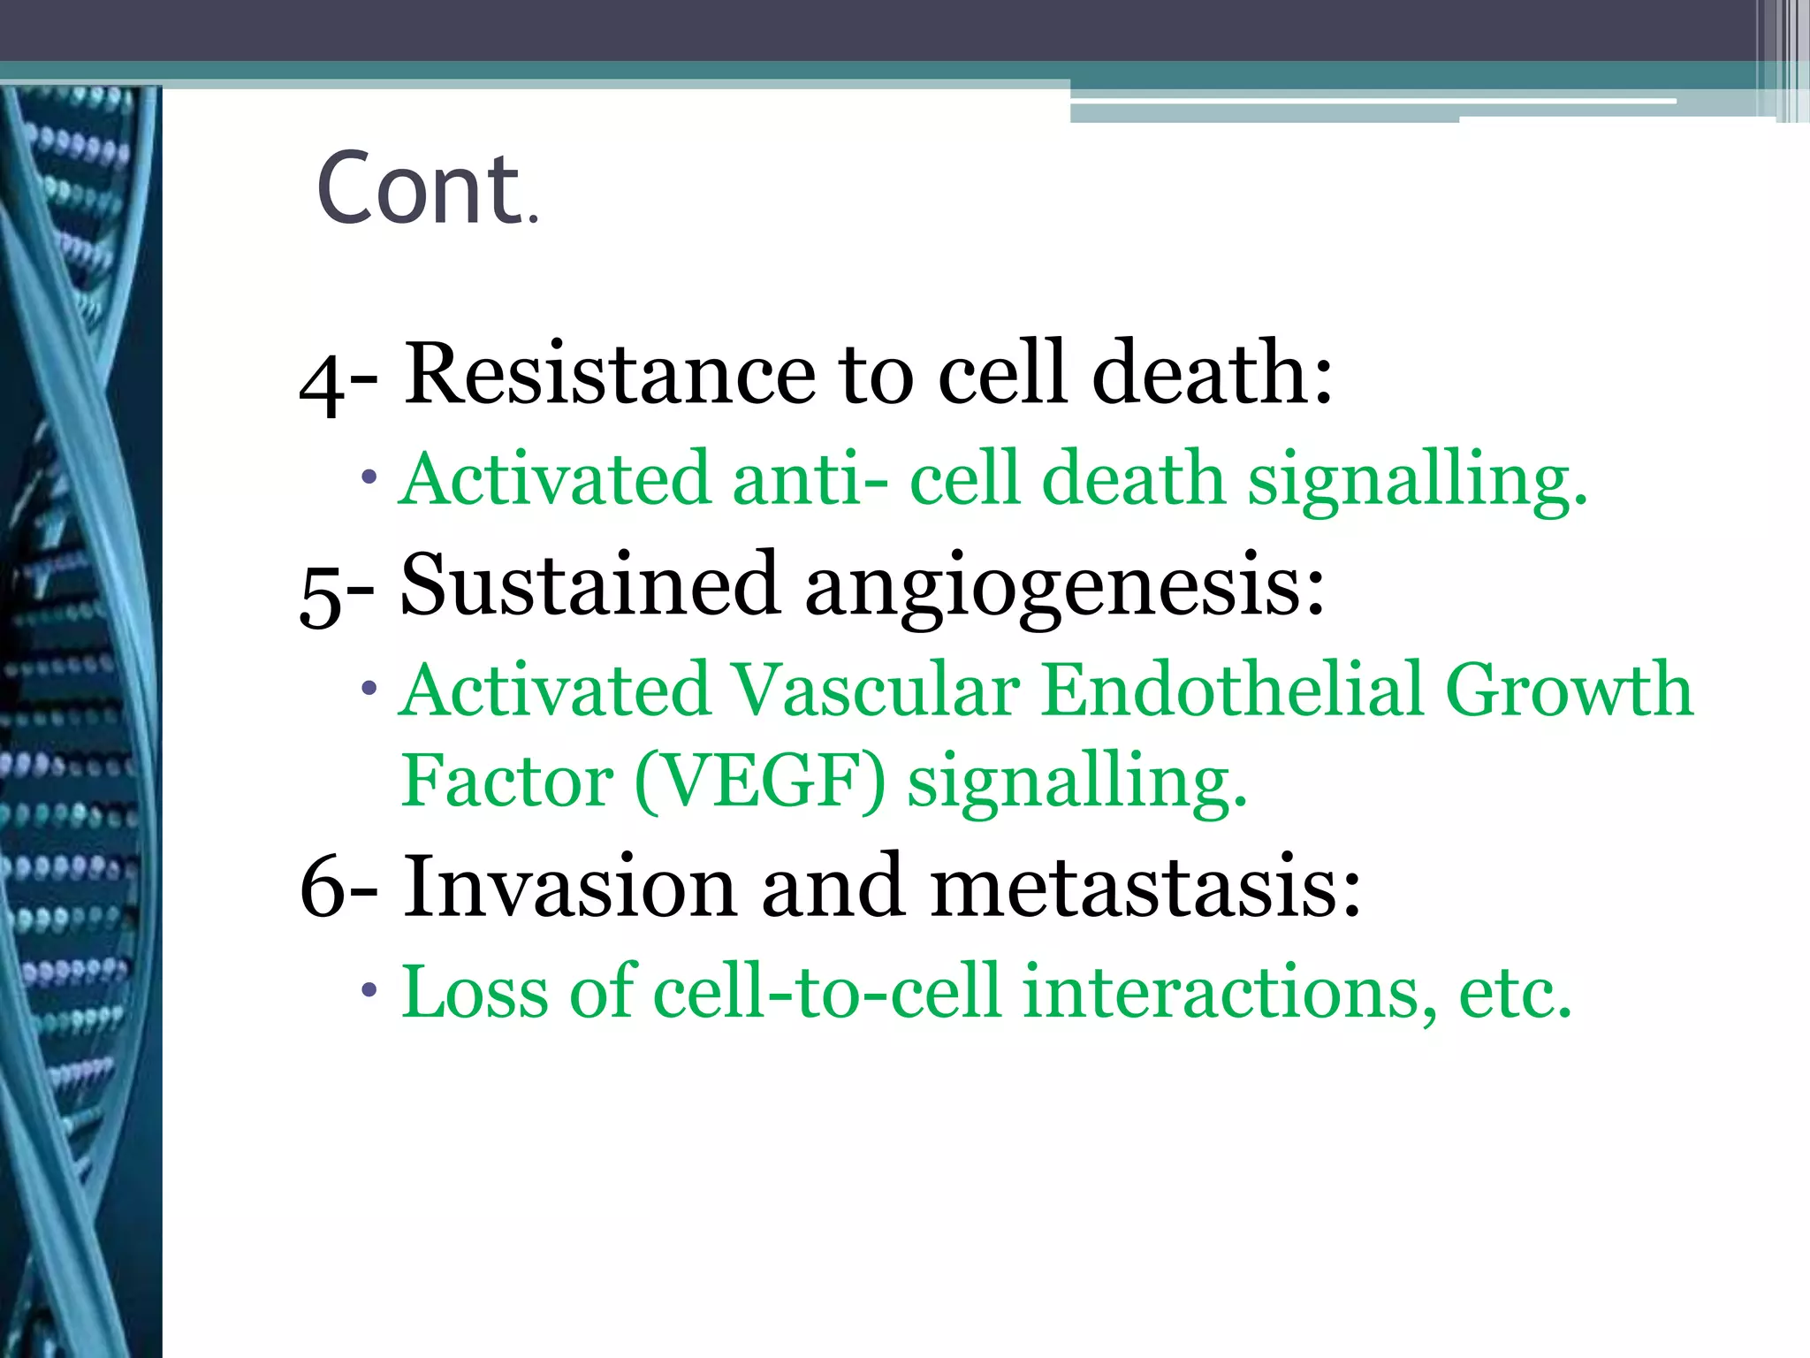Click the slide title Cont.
pyautogui.click(x=426, y=188)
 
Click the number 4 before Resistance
pyautogui.click(x=322, y=385)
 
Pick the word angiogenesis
pyautogui.click(x=1064, y=589)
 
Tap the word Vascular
pyautogui.click(x=876, y=690)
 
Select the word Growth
pyautogui.click(x=1569, y=690)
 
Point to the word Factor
pyautogui.click(x=507, y=782)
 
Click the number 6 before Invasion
pyautogui.click(x=322, y=887)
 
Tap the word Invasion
pyautogui.click(x=570, y=887)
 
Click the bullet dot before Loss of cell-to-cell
pyautogui.click(x=369, y=989)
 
